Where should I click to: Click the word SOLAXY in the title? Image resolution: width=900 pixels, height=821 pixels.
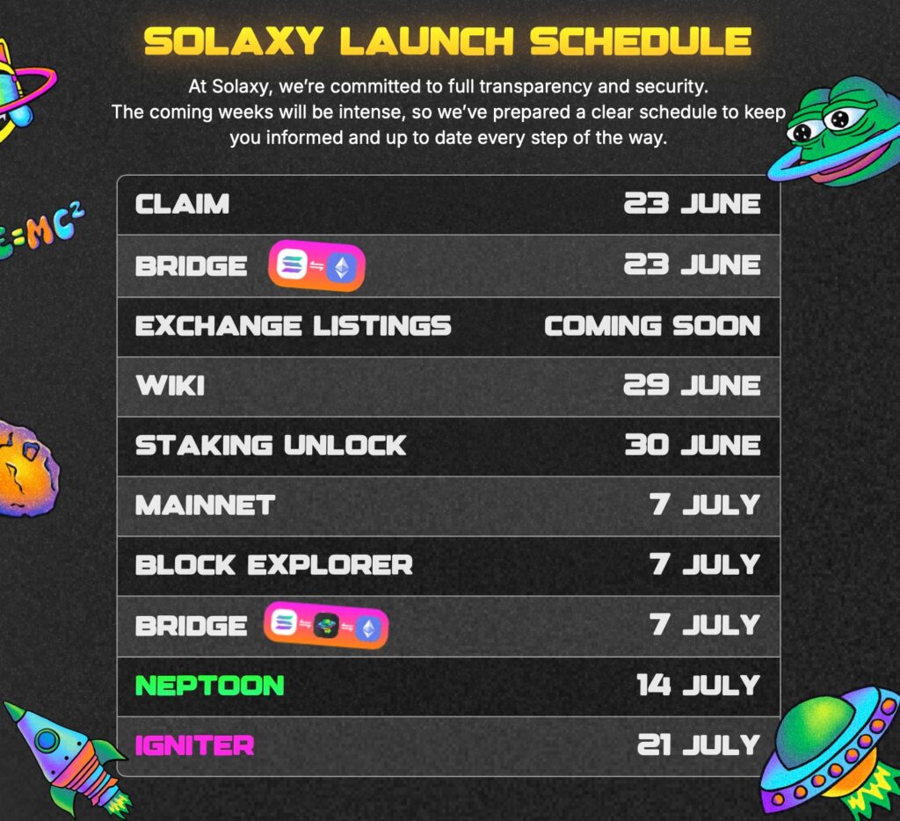pos(233,41)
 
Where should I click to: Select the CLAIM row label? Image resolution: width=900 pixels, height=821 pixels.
pos(182,205)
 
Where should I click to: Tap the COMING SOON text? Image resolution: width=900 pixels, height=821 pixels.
pos(652,326)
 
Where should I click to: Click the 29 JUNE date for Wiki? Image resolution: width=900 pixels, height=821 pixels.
pos(692,385)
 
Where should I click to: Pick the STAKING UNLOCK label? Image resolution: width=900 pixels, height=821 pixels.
pos(271,446)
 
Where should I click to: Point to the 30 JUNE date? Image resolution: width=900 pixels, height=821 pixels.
pos(693,445)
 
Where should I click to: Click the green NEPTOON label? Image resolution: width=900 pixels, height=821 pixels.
pos(209,686)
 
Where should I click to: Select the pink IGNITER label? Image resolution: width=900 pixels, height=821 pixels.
pos(194,745)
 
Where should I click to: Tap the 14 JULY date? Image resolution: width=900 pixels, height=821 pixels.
pos(699,685)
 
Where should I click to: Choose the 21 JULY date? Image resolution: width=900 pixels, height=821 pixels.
pos(699,745)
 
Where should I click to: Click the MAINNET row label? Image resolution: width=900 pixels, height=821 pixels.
pos(205,505)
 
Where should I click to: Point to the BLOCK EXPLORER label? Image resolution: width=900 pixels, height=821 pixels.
pos(274,565)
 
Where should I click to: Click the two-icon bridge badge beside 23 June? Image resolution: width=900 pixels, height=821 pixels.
pos(316,265)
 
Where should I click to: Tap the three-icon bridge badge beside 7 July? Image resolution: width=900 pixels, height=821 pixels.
pos(326,626)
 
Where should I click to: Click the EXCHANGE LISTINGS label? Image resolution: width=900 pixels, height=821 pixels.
pos(294,326)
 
